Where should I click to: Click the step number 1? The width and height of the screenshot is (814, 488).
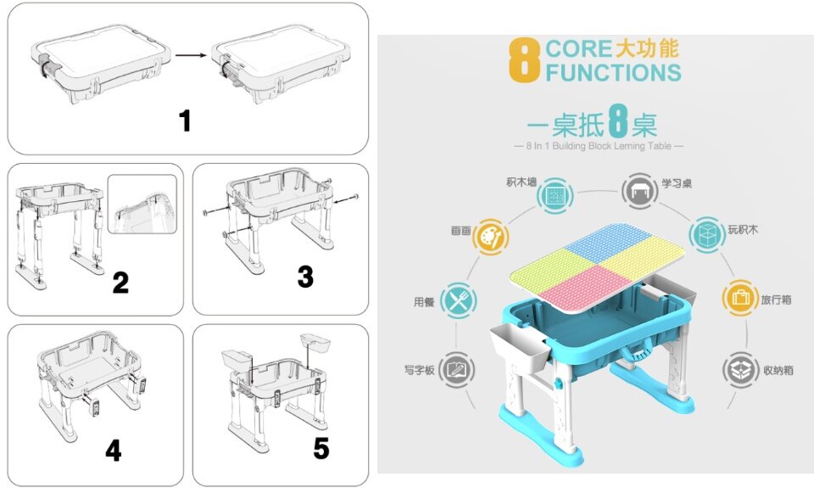pos(185,121)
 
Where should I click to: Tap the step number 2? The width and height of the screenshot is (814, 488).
pos(120,283)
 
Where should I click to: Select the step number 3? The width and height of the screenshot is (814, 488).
pos(305,277)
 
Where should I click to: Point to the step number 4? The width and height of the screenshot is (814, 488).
pos(113,450)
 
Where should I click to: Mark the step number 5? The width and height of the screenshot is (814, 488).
pos(321,448)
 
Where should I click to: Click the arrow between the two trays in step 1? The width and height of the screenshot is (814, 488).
pos(191,55)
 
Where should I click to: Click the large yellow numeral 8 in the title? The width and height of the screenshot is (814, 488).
pos(524,59)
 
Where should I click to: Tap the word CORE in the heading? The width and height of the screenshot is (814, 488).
pos(579,49)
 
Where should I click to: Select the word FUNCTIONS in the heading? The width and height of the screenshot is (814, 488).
pos(613,72)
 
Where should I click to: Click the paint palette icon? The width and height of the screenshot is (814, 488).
pos(491,237)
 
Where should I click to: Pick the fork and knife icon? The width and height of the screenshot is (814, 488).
pos(459,300)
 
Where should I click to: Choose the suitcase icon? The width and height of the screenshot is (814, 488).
pos(739,298)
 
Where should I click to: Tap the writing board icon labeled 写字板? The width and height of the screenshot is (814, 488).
pos(456,369)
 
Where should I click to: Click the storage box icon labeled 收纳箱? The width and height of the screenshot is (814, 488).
pos(739,370)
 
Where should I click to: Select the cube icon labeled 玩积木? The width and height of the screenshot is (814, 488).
pos(706,235)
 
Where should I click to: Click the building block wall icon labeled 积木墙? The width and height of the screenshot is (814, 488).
pos(555,195)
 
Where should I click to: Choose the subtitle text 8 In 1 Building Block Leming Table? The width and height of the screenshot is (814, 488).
pos(599,146)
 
